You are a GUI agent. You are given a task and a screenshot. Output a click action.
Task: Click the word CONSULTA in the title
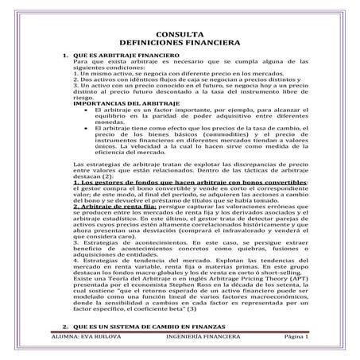pos(180,34)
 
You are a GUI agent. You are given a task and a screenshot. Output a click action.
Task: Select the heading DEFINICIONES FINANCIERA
pos(180,42)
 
